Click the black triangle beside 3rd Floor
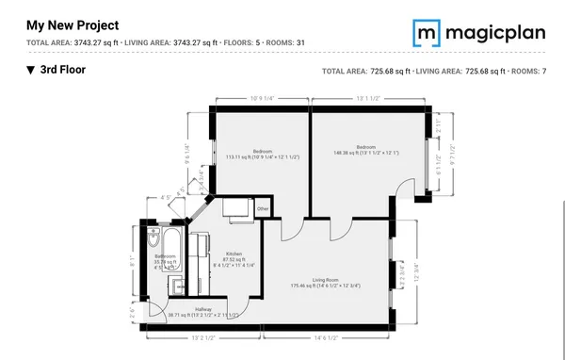(30, 70)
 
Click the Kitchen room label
(234, 254)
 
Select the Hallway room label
(203, 309)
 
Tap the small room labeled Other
(263, 208)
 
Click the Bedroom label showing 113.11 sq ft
(263, 152)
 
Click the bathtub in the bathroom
(176, 243)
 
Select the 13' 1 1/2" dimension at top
(366, 98)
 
